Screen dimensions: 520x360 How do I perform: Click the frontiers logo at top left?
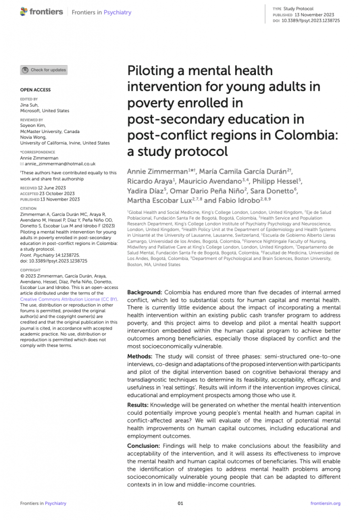click(42, 12)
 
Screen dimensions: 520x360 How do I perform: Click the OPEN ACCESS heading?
click(35, 90)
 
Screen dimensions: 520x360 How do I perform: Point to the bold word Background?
click(144, 293)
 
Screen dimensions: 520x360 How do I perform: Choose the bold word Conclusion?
click(144, 445)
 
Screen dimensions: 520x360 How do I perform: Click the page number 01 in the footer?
click(180, 503)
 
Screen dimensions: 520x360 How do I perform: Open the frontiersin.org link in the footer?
click(325, 503)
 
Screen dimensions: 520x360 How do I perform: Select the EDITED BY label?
click(29, 99)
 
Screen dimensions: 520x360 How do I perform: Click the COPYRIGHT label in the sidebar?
click(30, 270)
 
